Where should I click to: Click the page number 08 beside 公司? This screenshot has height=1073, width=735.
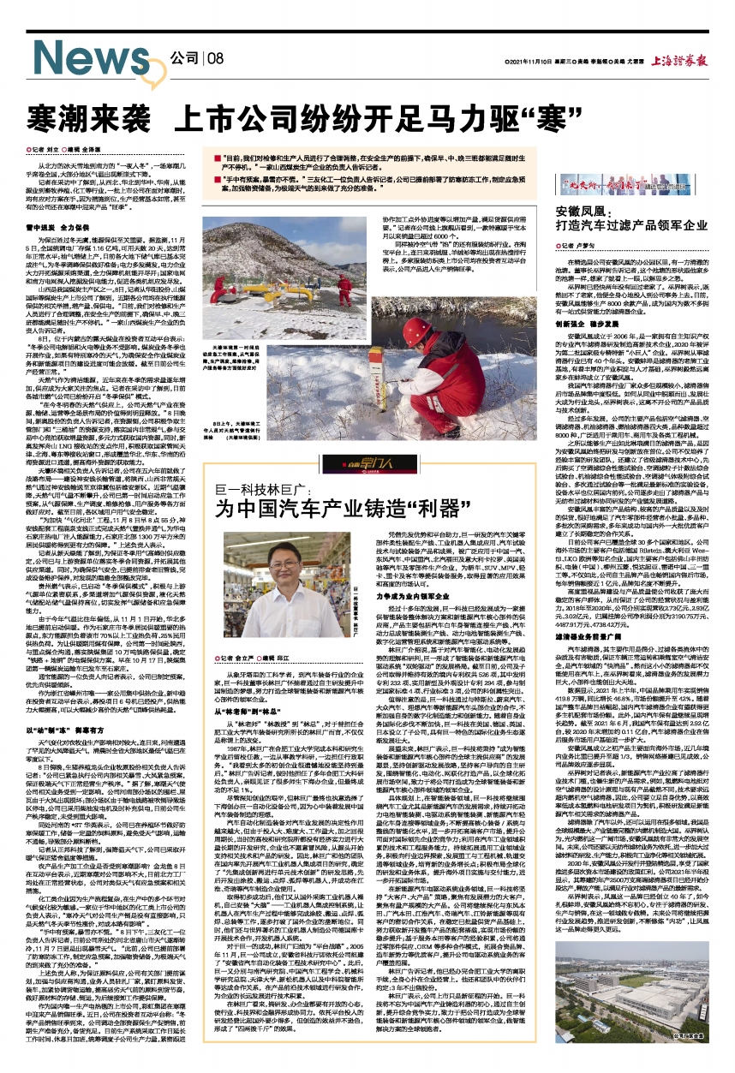pyautogui.click(x=214, y=58)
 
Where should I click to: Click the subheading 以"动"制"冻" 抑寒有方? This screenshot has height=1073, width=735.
pyautogui.click(x=69, y=728)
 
